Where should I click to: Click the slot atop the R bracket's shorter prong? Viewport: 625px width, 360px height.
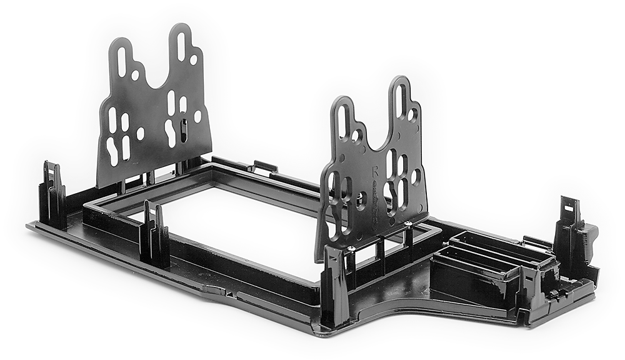click(342, 118)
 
